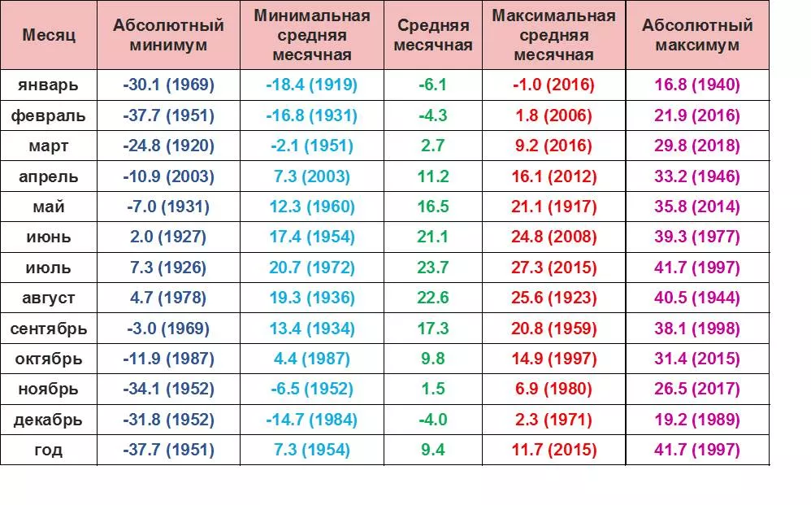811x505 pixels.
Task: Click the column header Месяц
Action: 49,36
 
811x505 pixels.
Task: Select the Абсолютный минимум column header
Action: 168,36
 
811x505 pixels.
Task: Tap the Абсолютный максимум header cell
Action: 697,36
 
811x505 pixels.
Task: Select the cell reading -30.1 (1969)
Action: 168,85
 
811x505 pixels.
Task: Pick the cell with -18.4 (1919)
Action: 311,85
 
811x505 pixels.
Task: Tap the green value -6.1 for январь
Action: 432,85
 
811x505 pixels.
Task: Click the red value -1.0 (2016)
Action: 554,85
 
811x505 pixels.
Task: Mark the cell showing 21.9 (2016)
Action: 697,115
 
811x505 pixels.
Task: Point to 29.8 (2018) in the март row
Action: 697,146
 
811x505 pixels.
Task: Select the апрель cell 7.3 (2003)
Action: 311,176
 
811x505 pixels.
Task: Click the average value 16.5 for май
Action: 432,207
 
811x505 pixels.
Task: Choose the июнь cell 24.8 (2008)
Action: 554,237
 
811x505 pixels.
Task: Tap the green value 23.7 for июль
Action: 432,268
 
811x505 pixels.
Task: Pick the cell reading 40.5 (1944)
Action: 697,298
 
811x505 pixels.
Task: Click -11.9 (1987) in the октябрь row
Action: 168,359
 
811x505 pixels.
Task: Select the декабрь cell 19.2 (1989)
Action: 697,420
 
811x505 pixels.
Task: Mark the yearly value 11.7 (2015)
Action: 554,450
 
